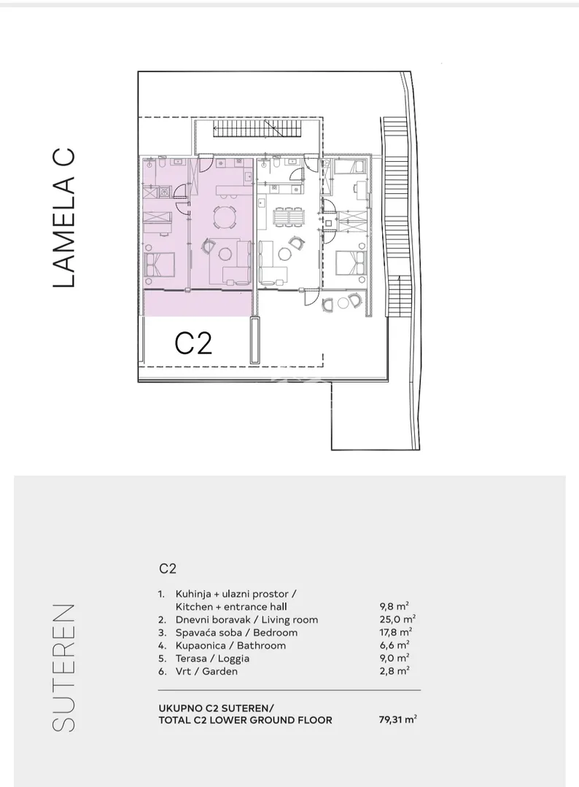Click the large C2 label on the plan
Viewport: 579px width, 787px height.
tap(193, 343)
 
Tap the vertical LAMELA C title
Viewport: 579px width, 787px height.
tap(63, 217)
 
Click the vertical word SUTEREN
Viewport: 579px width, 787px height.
tap(63, 667)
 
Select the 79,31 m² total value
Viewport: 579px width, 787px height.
tap(397, 719)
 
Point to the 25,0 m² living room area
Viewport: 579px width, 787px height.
tap(397, 619)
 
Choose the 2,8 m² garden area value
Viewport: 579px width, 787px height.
tap(395, 671)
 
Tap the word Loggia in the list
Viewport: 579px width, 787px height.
tap(233, 659)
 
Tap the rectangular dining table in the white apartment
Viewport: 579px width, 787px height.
tap(289, 217)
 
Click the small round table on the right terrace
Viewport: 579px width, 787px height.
tap(345, 302)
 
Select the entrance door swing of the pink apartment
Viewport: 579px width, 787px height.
tap(206, 164)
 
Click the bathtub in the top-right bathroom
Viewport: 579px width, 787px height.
tap(350, 166)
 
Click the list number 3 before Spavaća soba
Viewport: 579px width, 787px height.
tap(162, 633)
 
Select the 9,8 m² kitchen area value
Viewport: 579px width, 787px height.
tap(395, 606)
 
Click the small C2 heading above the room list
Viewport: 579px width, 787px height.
tap(168, 568)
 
